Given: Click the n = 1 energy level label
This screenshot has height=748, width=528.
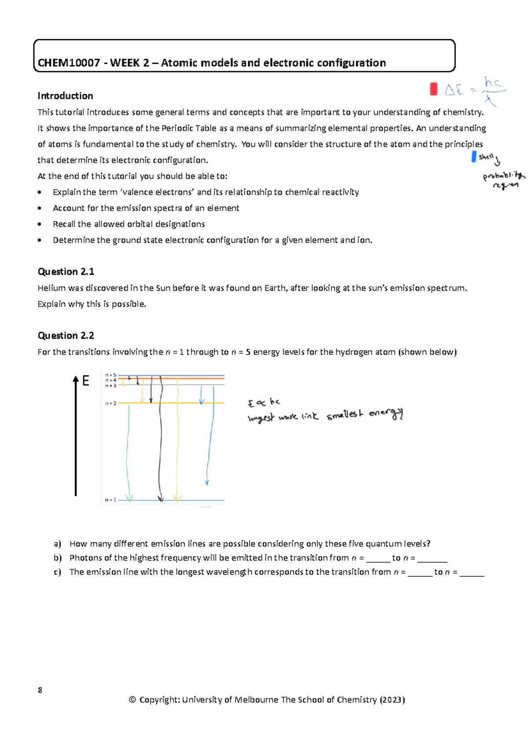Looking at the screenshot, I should [110, 500].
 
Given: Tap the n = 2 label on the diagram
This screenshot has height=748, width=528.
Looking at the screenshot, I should [110, 403].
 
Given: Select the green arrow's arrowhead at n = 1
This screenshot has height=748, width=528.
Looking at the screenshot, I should [129, 498].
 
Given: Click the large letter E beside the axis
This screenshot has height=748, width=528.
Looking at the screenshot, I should [86, 381].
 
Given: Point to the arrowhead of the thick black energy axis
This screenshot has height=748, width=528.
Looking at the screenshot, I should [76, 379].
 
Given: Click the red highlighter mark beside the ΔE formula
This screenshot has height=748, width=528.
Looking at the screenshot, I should [433, 89].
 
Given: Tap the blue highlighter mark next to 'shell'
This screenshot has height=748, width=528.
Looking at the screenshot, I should [474, 157].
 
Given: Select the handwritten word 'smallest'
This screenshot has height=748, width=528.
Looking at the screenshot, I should [345, 414].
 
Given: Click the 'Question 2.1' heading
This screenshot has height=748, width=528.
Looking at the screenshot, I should [66, 271].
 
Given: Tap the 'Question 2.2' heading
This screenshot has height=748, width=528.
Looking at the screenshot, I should [66, 335].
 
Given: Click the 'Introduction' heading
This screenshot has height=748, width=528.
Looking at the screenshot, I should [65, 96].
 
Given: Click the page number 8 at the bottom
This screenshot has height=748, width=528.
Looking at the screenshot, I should [40, 690].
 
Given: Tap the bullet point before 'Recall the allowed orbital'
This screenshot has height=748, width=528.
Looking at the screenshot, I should [40, 224].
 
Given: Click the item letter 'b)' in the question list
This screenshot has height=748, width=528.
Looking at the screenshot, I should [58, 558].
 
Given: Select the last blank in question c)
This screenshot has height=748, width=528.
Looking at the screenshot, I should [472, 572].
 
